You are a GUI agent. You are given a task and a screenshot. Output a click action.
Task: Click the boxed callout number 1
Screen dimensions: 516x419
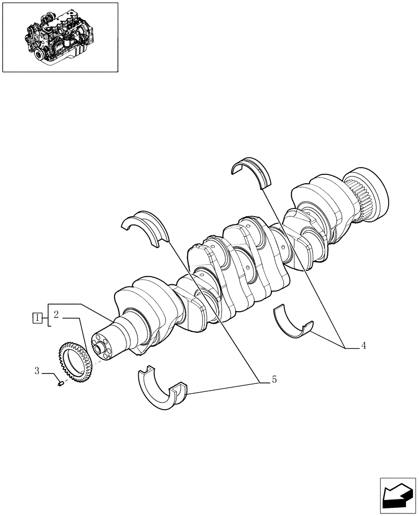click(x=37, y=317)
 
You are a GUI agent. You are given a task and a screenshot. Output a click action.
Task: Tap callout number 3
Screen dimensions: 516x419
click(x=37, y=370)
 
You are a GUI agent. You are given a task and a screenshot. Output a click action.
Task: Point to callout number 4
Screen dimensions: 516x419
click(x=363, y=346)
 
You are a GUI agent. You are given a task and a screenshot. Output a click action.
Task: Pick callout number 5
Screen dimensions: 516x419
click(x=274, y=380)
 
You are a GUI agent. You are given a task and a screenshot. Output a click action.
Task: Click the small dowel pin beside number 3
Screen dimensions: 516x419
click(x=60, y=383)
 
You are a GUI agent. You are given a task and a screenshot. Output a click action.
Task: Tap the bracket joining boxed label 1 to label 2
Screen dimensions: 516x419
click(x=49, y=315)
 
